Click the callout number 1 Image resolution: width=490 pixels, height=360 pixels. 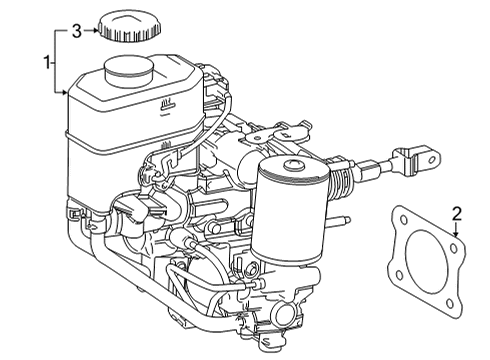(x=45, y=62)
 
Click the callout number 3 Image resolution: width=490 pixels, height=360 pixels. (x=75, y=33)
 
